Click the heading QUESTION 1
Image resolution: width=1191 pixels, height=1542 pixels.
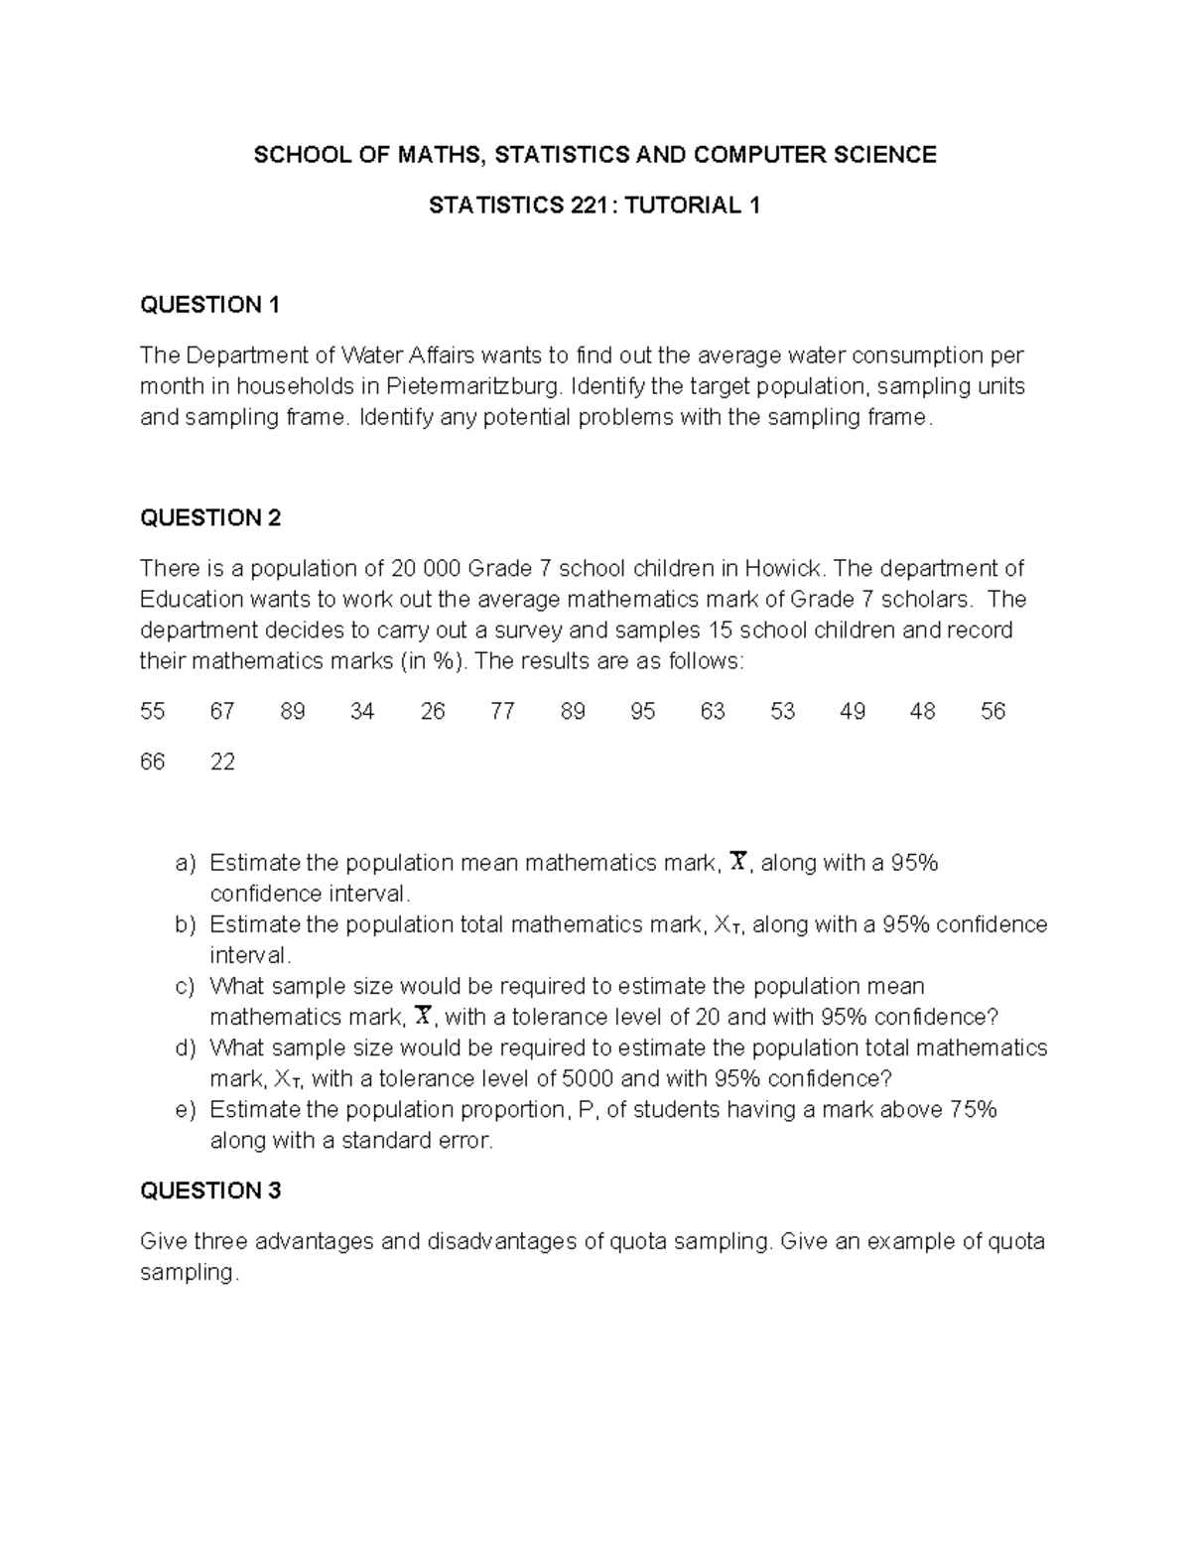coord(209,305)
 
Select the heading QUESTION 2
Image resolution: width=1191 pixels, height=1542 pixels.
coord(210,517)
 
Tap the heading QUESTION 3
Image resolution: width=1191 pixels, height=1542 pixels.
coord(210,1191)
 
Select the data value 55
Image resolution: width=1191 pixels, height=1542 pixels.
coord(153,712)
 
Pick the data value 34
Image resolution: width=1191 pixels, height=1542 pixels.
coord(362,712)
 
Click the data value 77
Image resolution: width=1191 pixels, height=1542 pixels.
coord(502,712)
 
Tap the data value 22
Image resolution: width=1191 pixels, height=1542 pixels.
coord(222,763)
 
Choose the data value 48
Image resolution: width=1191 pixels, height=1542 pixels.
coord(922,712)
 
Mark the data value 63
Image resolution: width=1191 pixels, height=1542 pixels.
coord(713,712)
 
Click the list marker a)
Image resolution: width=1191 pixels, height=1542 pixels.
coord(186,864)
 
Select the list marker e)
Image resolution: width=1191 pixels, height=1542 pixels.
coord(186,1110)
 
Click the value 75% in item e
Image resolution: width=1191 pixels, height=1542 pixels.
coord(973,1110)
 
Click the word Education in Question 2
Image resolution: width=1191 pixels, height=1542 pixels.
coord(192,600)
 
